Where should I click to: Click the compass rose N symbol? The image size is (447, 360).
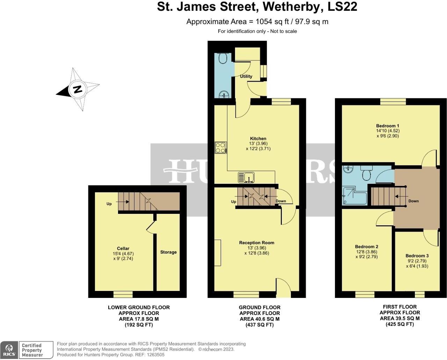[x=77, y=89]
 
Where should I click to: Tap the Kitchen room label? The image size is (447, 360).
[x=258, y=138]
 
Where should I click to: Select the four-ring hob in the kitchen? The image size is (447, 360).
[x=220, y=148]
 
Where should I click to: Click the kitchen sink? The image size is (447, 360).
[x=247, y=178]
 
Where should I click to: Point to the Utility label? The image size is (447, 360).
[x=246, y=76]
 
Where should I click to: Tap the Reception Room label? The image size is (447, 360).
[x=257, y=243]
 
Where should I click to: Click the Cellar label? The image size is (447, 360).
[x=123, y=249]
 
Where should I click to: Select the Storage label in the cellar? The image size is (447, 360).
[x=168, y=252]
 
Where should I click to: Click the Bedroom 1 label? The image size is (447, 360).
[x=387, y=126]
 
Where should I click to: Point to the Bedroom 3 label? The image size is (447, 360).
[x=417, y=256]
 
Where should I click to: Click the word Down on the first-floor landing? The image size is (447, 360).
[x=413, y=201]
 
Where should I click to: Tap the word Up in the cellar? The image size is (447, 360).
[x=109, y=204]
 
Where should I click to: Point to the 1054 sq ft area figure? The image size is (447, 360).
[x=271, y=22]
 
